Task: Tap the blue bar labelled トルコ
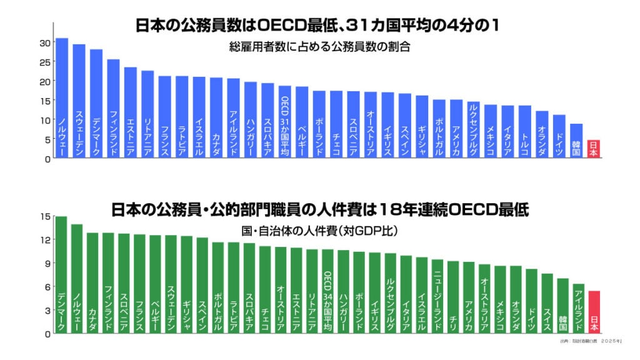tap(525, 131)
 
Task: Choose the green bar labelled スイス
tap(547, 303)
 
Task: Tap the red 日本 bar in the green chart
tap(594, 312)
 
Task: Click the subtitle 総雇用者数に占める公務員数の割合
tap(319, 47)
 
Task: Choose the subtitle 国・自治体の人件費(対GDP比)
tap(319, 231)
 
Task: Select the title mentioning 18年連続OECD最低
tap(319, 209)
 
